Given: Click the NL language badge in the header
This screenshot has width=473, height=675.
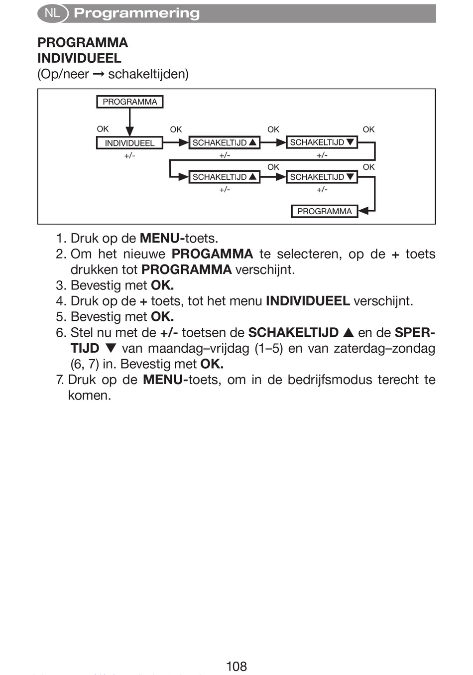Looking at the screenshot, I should pyautogui.click(x=52, y=13).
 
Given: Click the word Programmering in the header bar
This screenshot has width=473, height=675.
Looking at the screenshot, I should pyautogui.click(x=136, y=13).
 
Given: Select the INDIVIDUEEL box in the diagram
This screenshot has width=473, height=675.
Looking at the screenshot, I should pyautogui.click(x=129, y=143).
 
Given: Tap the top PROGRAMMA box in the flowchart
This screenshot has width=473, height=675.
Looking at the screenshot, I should pyautogui.click(x=129, y=102).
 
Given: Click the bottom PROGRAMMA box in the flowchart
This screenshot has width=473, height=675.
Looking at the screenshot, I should pyautogui.click(x=324, y=211).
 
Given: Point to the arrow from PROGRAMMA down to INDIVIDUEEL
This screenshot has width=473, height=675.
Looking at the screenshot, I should pyautogui.click(x=129, y=122).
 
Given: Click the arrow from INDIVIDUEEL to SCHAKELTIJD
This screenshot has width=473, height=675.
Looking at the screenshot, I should pyautogui.click(x=175, y=143).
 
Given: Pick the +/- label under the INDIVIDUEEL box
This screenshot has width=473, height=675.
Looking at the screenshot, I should pyautogui.click(x=129, y=155).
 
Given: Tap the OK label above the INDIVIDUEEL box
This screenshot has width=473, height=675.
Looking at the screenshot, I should pyautogui.click(x=103, y=129).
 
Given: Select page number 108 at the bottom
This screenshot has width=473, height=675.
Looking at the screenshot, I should pyautogui.click(x=236, y=666).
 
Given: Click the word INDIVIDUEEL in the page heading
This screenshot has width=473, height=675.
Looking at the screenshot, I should pyautogui.click(x=79, y=58).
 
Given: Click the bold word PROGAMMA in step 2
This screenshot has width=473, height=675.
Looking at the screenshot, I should pyautogui.click(x=212, y=254).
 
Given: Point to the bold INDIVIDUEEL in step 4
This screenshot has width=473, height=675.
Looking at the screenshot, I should pyautogui.click(x=308, y=301).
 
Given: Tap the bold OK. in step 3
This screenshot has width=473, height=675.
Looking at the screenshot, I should pyautogui.click(x=162, y=285).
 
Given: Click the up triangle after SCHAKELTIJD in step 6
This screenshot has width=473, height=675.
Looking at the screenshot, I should pyautogui.click(x=349, y=332).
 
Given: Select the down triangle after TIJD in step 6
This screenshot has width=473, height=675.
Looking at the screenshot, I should pyautogui.click(x=111, y=348).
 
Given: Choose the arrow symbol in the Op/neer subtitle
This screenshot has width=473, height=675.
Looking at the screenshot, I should pyautogui.click(x=99, y=75).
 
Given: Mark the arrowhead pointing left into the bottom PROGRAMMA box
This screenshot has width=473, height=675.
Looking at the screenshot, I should pyautogui.click(x=363, y=211).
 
